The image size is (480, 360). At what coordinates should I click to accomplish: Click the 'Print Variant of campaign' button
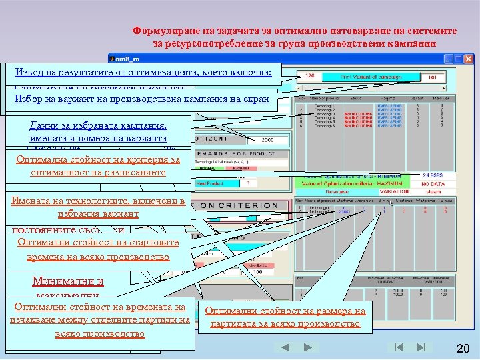371,77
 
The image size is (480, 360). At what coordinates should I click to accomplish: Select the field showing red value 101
433,77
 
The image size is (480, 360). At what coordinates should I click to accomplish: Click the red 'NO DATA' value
433,184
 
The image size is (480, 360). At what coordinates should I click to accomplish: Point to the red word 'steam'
433,191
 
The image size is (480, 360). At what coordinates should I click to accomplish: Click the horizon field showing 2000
267,141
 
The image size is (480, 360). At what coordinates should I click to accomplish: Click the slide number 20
463,349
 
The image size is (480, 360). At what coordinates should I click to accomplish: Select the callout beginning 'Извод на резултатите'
143,72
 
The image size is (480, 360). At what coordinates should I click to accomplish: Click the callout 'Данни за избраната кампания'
98,131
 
